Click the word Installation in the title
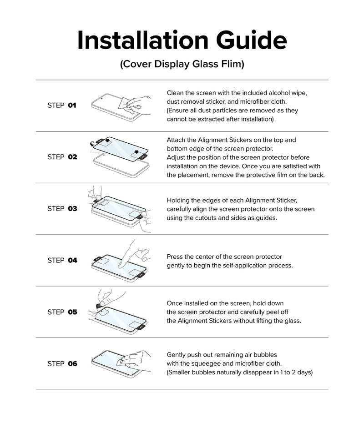tap(143, 40)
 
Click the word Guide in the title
tap(251, 40)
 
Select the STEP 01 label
tap(62, 105)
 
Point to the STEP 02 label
tap(62, 157)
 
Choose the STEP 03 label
tap(62, 208)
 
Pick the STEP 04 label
tap(62, 260)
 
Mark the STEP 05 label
tap(62, 312)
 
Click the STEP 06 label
tap(62, 364)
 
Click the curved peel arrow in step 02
tap(92, 144)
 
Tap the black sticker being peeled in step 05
tap(101, 305)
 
